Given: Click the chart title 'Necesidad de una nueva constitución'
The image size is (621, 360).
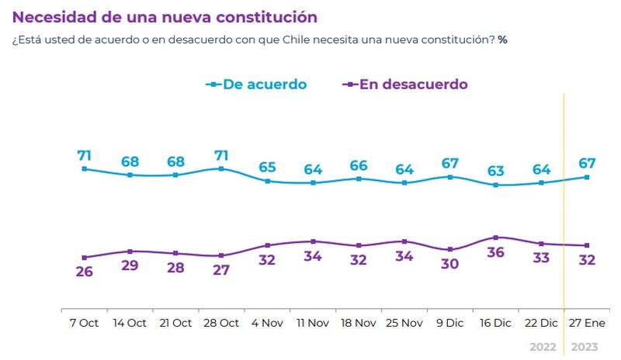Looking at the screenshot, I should click(165, 16).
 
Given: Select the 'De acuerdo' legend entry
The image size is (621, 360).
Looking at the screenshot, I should click(264, 84).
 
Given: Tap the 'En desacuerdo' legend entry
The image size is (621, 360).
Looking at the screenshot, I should click(413, 84).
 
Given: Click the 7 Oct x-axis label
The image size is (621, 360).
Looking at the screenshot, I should click(84, 323).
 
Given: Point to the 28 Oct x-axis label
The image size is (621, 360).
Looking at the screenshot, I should click(220, 323).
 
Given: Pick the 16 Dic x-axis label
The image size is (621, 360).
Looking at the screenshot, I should click(495, 323).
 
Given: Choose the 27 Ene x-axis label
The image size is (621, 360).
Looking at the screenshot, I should click(587, 323).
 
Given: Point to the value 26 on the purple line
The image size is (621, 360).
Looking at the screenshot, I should click(84, 272).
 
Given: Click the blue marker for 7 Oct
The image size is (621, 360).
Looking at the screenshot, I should click(84, 168).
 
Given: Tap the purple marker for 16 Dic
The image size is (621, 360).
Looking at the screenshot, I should click(495, 237).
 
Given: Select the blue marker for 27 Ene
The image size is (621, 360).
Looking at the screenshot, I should click(587, 177).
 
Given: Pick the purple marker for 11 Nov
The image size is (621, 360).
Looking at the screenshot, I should click(313, 241).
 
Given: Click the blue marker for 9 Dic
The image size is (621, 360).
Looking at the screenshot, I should click(450, 177).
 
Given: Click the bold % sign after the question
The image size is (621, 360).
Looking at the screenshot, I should click(502, 39).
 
